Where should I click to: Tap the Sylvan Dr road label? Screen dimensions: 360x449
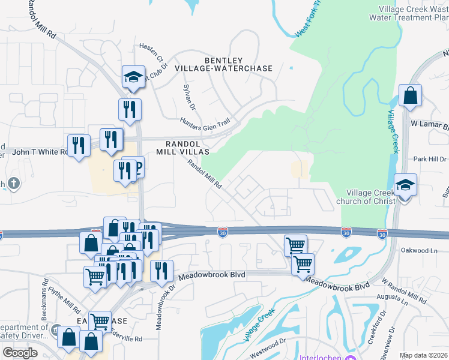click(x=189, y=97)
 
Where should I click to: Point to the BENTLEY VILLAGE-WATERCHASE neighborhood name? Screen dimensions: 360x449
click(x=223, y=64)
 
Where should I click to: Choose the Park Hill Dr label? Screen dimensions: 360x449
click(x=430, y=159)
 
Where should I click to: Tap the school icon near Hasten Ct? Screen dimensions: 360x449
click(x=133, y=77)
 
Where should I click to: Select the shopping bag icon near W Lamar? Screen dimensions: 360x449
click(x=410, y=96)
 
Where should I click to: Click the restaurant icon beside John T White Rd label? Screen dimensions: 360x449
click(x=79, y=146)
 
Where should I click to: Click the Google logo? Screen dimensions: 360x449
click(x=20, y=353)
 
